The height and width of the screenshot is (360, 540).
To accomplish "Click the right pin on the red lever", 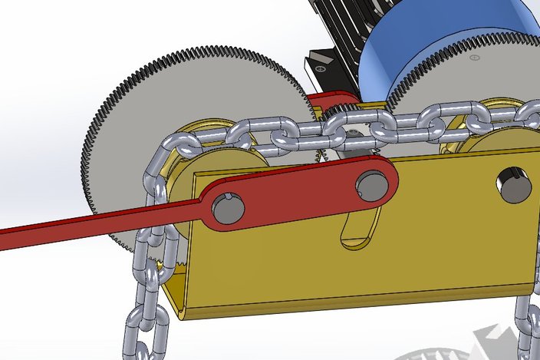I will (x=372, y=185).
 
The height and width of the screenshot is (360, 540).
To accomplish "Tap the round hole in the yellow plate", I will (x=513, y=187).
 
